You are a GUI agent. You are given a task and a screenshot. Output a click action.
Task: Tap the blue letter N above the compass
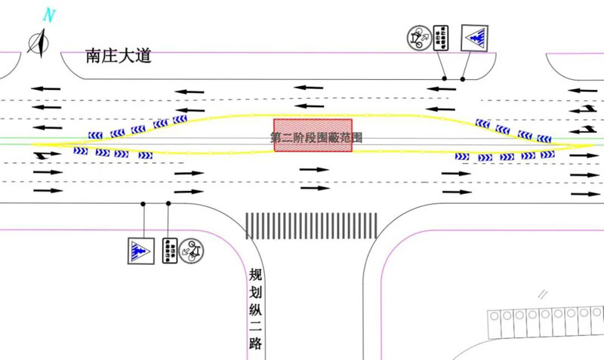click(x=50, y=14)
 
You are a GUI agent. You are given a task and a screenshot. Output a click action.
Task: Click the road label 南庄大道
click(x=119, y=55)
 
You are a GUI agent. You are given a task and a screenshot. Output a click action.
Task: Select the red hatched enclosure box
click(x=313, y=134)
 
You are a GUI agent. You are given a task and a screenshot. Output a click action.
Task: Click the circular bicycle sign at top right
click(x=418, y=37)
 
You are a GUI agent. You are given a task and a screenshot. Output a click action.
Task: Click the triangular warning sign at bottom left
click(x=140, y=251)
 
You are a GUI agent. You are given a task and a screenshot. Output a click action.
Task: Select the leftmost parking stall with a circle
click(x=495, y=316)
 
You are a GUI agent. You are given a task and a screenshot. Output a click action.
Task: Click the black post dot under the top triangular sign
click(x=463, y=78)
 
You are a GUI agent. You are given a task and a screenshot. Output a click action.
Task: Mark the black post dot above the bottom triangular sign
click(x=143, y=204)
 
